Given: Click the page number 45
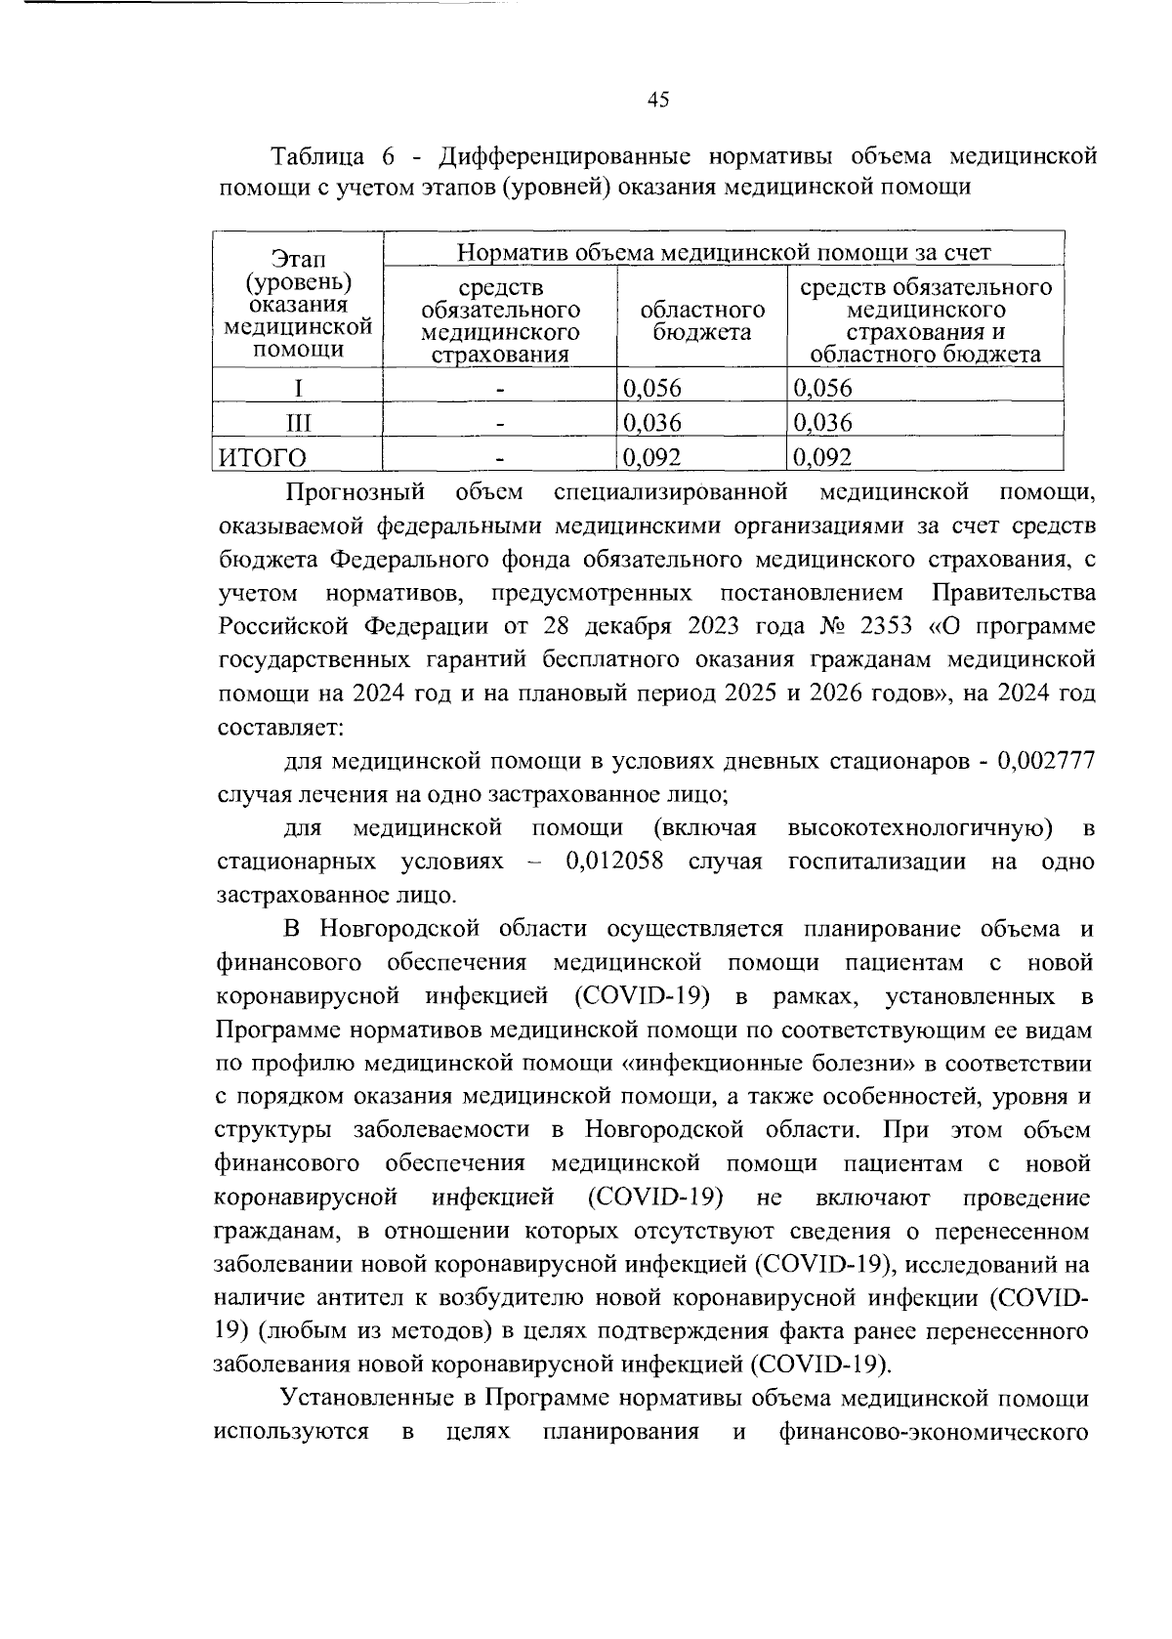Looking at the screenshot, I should (x=657, y=100).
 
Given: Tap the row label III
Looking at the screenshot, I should (x=298, y=423).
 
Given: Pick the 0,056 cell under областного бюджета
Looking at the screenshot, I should (x=650, y=388).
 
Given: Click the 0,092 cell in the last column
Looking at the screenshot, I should (x=822, y=457).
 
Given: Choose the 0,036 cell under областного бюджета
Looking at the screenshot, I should (x=650, y=423).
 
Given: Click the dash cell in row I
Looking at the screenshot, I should (x=500, y=389).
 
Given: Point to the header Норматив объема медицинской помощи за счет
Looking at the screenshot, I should (x=724, y=253).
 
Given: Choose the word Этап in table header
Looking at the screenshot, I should (x=298, y=261).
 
